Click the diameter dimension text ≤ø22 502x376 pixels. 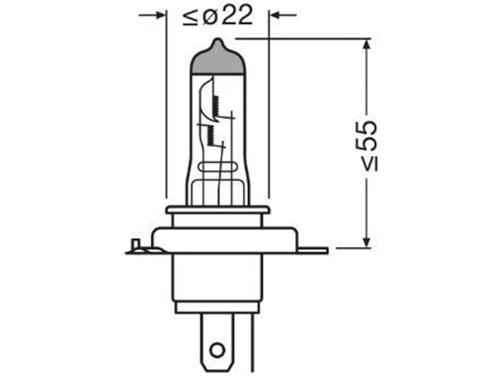point(218,16)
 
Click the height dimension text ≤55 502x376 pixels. point(366,146)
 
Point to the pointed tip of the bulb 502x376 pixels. point(218,39)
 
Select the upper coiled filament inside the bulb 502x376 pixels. point(215,106)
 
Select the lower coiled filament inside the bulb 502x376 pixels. point(210,135)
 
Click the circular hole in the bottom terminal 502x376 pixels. point(217,350)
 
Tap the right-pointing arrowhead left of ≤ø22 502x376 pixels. point(161,15)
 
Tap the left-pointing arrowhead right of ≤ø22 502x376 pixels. point(275,15)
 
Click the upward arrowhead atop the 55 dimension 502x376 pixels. point(367,44)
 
